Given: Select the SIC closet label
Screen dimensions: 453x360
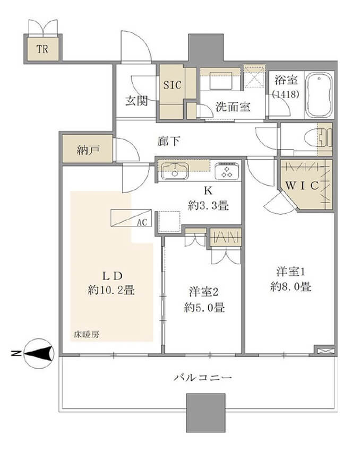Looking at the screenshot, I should point(172,84).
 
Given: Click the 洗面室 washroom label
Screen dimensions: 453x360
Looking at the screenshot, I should point(233,106).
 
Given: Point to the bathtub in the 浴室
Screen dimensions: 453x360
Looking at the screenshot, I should point(319,95).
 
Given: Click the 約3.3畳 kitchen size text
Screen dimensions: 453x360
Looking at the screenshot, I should point(208,205).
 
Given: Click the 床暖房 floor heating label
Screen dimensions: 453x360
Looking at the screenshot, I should point(85,335).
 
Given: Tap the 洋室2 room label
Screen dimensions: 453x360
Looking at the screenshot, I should point(204,291).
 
